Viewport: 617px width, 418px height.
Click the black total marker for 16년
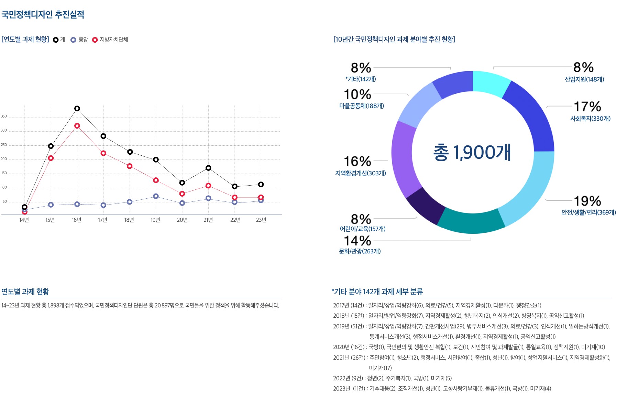(77, 109)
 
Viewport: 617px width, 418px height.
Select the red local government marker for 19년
(156, 180)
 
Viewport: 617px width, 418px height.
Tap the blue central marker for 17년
(103, 205)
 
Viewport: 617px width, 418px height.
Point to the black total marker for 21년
(208, 168)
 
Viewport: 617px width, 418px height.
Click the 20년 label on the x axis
(182, 220)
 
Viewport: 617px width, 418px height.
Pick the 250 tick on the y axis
(4, 145)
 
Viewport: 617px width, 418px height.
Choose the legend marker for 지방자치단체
(95, 40)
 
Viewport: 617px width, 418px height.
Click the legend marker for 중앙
(73, 40)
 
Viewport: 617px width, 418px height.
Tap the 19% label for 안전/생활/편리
(587, 201)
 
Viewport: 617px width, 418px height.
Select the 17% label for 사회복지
(587, 107)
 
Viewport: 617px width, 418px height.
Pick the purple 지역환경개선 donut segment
(404, 158)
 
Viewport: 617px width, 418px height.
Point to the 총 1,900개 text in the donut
(472, 152)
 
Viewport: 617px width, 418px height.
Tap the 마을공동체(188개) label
(362, 106)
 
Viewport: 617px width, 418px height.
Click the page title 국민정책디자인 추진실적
(43, 14)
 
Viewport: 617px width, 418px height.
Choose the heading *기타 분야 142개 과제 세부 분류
(377, 292)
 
